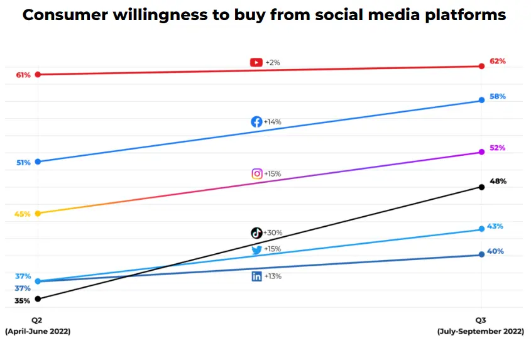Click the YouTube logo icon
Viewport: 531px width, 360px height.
pyautogui.click(x=256, y=62)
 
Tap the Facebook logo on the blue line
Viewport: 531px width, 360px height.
pyautogui.click(x=256, y=122)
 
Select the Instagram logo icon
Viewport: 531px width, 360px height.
pyautogui.click(x=256, y=174)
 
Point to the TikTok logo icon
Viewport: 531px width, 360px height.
pyautogui.click(x=256, y=233)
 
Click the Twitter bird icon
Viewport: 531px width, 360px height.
pyautogui.click(x=256, y=249)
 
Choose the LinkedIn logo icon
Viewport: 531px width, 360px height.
pyautogui.click(x=256, y=276)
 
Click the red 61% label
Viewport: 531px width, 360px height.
pyautogui.click(x=23, y=75)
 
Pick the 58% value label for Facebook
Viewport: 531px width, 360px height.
pyautogui.click(x=497, y=97)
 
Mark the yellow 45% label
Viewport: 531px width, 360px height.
pyautogui.click(x=23, y=214)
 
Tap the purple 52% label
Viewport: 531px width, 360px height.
pyautogui.click(x=497, y=148)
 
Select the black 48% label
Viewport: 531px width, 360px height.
pyautogui.click(x=497, y=182)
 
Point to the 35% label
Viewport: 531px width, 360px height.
pyautogui.click(x=23, y=301)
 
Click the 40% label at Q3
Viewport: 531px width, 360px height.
pyautogui.click(x=495, y=252)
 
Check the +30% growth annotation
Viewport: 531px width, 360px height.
pyautogui.click(x=273, y=233)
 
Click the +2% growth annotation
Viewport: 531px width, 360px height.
pyautogui.click(x=273, y=62)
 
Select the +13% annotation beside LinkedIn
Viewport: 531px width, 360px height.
pyautogui.click(x=273, y=276)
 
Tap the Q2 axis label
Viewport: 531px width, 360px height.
pyautogui.click(x=38, y=320)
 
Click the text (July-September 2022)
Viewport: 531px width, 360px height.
pyautogui.click(x=480, y=331)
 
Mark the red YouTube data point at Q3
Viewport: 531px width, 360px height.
pyautogui.click(x=481, y=65)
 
